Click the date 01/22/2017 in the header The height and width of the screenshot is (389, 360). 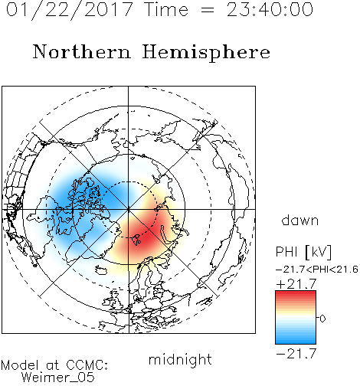coord(70,10)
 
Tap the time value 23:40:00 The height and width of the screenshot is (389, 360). coord(270,9)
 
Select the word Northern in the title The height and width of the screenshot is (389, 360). coord(82,51)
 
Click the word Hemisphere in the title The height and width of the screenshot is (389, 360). coord(206,53)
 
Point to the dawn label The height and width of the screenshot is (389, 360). coord(300,220)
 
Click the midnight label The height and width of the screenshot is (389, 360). coord(180,360)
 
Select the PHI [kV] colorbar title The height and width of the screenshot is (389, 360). coord(303,252)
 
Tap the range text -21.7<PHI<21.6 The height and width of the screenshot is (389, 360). coord(316,270)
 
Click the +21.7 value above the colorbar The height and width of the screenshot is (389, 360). coord(296,284)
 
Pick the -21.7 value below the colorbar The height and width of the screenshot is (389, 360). coord(296,354)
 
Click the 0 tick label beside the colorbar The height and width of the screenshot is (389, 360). coord(322,319)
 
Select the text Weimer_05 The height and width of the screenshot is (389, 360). coord(58,378)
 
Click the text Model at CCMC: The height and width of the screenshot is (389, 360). coord(54,365)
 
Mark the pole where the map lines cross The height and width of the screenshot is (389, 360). coord(128,209)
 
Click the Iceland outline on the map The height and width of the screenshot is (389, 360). coord(101,270)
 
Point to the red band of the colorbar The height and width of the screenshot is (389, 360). coord(296,297)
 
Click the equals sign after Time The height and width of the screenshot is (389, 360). coord(208,10)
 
